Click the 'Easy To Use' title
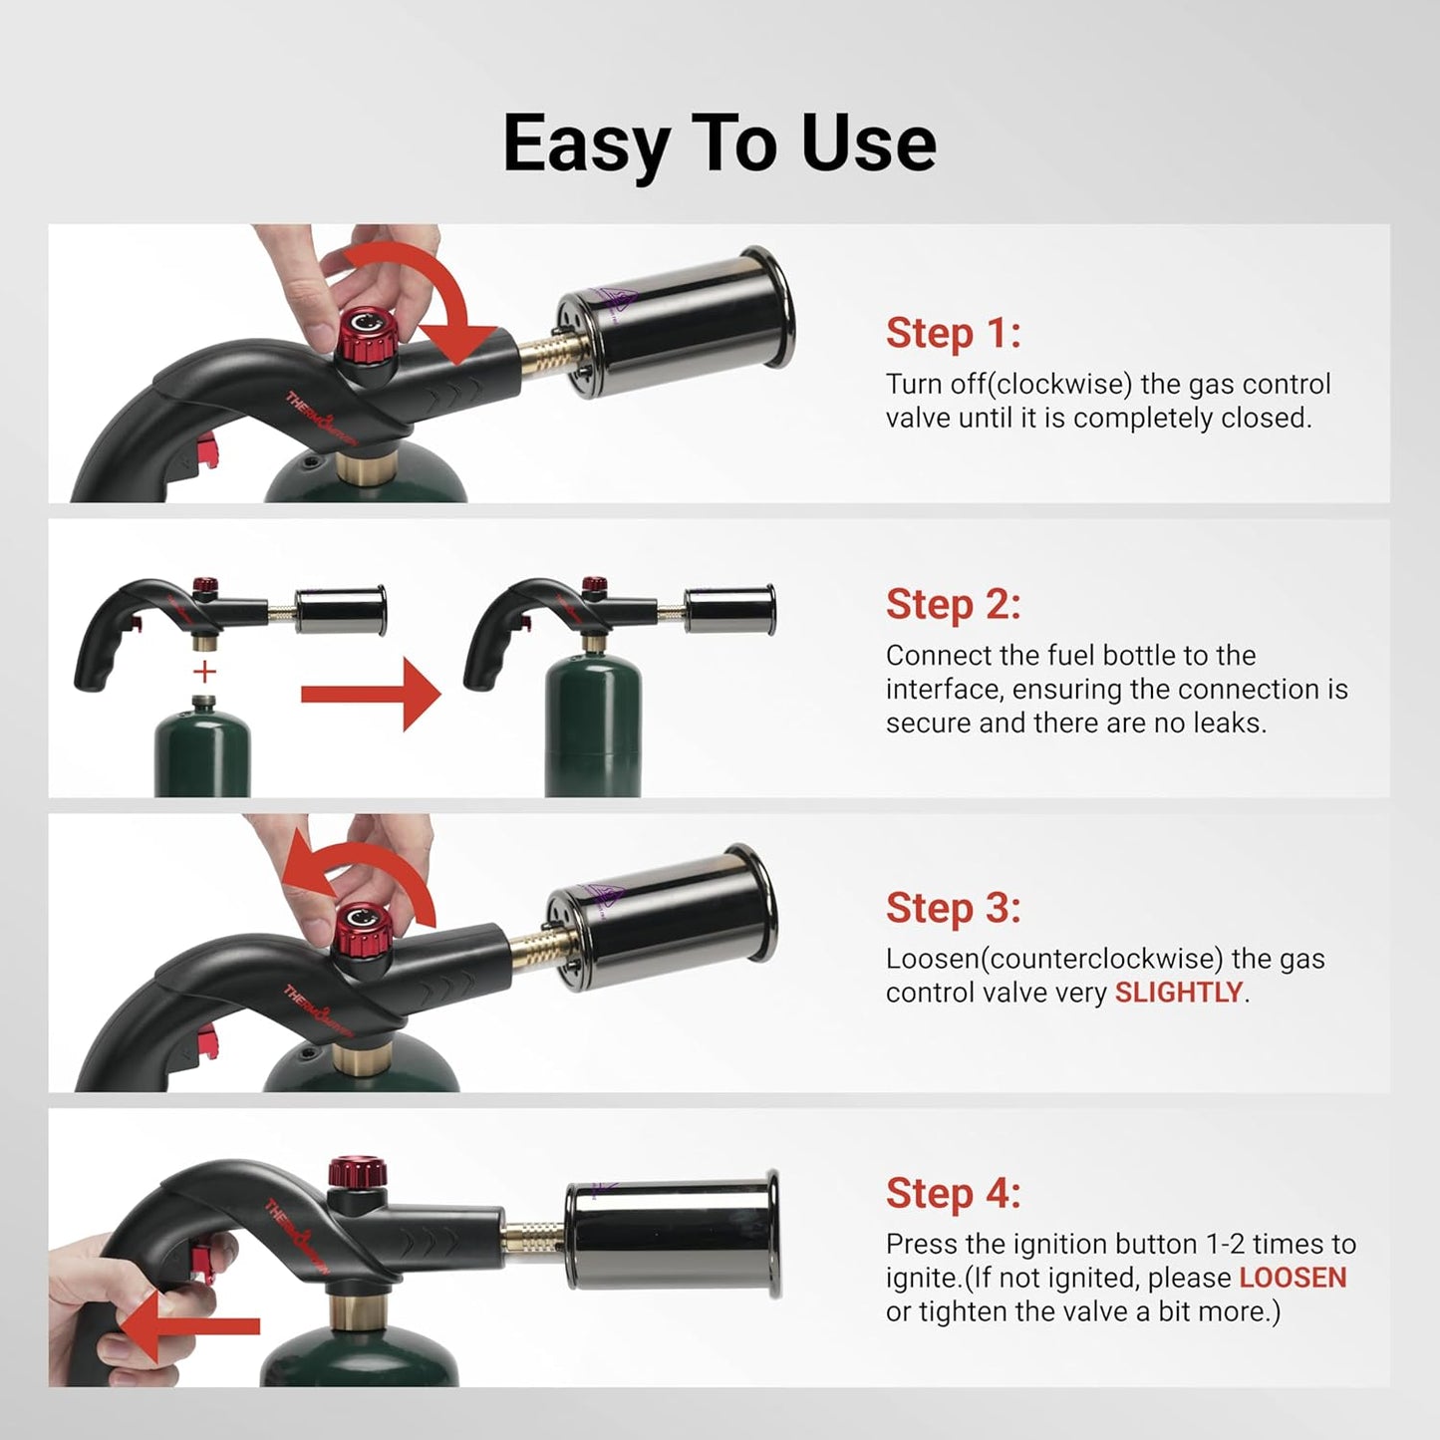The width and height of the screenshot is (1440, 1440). [x=719, y=144]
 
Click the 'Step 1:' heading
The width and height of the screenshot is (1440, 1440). [x=953, y=333]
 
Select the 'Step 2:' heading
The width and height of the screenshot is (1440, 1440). [x=953, y=604]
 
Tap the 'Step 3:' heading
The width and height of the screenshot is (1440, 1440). [x=953, y=908]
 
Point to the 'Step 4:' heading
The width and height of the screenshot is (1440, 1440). [x=953, y=1193]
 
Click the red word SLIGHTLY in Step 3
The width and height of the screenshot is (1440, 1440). [x=1178, y=993]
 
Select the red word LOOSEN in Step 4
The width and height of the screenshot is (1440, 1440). [x=1293, y=1278]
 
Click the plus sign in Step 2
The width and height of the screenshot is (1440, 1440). [x=204, y=672]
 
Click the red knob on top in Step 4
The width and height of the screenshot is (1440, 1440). [x=358, y=1172]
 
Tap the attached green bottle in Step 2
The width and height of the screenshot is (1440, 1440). [x=593, y=727]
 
